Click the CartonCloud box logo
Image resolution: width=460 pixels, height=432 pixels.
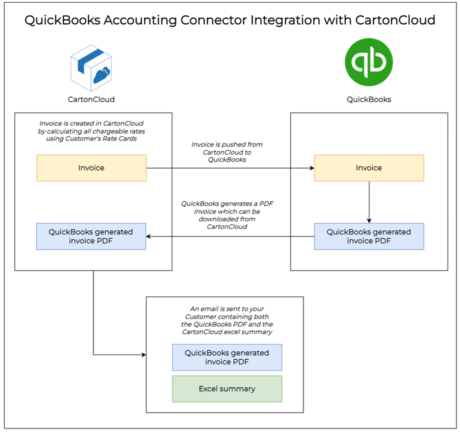(x=91, y=67)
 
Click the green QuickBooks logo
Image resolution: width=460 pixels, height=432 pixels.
(x=369, y=62)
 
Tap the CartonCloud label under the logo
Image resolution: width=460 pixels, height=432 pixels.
(x=91, y=99)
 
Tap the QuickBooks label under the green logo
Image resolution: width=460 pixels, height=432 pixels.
(x=369, y=99)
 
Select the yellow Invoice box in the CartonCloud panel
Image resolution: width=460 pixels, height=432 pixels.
(x=91, y=168)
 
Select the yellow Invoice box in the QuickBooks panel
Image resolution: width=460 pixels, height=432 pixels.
(x=369, y=168)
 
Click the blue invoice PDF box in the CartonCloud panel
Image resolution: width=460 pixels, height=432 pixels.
(x=91, y=236)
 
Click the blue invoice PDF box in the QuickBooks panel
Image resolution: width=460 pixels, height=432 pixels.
(x=369, y=236)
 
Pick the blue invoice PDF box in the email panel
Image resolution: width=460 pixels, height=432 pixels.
(x=227, y=358)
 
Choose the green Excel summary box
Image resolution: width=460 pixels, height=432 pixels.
(x=227, y=389)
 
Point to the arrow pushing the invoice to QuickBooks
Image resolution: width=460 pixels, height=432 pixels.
(x=230, y=168)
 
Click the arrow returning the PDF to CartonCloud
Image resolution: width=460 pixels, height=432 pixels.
(x=230, y=236)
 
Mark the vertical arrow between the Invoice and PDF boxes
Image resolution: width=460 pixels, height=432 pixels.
(x=369, y=202)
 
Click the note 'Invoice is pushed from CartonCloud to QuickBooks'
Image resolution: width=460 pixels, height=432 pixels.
(x=227, y=152)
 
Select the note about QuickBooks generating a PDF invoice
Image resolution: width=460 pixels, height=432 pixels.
(x=227, y=215)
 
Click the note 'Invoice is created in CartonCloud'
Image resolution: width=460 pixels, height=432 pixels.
(x=91, y=131)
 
